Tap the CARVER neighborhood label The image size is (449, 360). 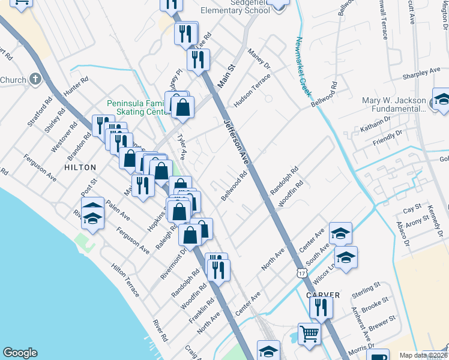tap(322, 295)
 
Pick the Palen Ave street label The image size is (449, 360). tap(117, 206)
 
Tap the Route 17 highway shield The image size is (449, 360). tap(301, 272)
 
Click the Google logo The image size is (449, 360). tap(20, 353)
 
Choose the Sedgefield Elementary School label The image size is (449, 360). tap(232, 7)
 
